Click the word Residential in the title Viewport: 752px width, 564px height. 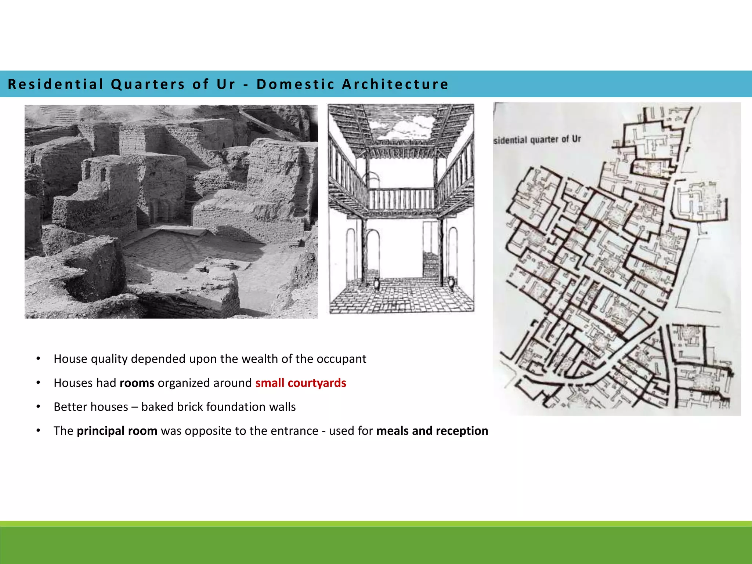[x=55, y=84]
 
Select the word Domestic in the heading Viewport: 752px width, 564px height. [x=296, y=84]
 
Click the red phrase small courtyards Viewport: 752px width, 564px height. [x=301, y=383]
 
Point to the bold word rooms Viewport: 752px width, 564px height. [x=137, y=383]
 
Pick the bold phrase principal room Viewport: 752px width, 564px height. [x=117, y=431]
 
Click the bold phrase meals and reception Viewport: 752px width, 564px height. [x=432, y=431]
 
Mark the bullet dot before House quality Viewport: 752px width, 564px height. [x=38, y=359]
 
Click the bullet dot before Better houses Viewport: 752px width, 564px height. [x=38, y=407]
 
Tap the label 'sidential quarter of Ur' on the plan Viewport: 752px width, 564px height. [x=537, y=140]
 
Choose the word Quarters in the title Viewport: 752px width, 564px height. [x=148, y=84]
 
